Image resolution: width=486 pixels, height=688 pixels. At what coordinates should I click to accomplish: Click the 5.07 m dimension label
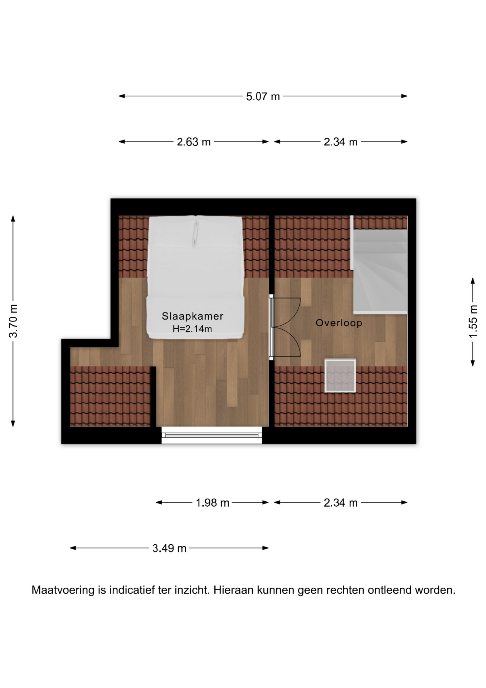pos(263,96)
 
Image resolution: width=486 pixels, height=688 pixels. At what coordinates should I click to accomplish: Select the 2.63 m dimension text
pos(194,142)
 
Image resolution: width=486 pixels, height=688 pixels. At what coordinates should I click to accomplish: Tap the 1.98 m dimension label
pos(212,503)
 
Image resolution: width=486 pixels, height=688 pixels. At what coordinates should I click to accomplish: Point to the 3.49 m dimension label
pos(169,548)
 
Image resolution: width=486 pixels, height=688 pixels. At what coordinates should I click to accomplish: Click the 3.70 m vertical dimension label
pos(13,321)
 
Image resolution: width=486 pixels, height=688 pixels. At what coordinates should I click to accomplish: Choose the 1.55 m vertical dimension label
pos(473,321)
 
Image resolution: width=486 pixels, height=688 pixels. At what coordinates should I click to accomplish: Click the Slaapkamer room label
pos(193,316)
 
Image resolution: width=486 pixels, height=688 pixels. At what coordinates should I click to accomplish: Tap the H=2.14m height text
pos(192,329)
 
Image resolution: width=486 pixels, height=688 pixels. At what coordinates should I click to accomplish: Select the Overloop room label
pos(339,323)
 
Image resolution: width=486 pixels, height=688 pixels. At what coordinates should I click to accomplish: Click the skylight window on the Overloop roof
pos(340,376)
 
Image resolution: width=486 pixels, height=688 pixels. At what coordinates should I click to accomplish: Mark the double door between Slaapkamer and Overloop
pos(285,327)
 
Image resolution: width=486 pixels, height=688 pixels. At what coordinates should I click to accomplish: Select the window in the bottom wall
pos(212,435)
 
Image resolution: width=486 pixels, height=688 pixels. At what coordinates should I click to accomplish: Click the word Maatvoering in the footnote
pos(63,590)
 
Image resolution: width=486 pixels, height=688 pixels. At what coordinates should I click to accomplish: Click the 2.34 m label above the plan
pos(340,142)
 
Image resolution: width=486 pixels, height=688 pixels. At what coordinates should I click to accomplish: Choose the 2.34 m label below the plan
pos(340,503)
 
